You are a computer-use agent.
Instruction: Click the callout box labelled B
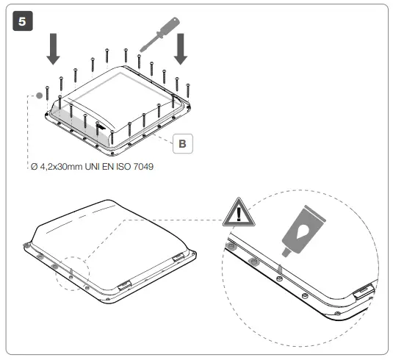coord(181,143)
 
